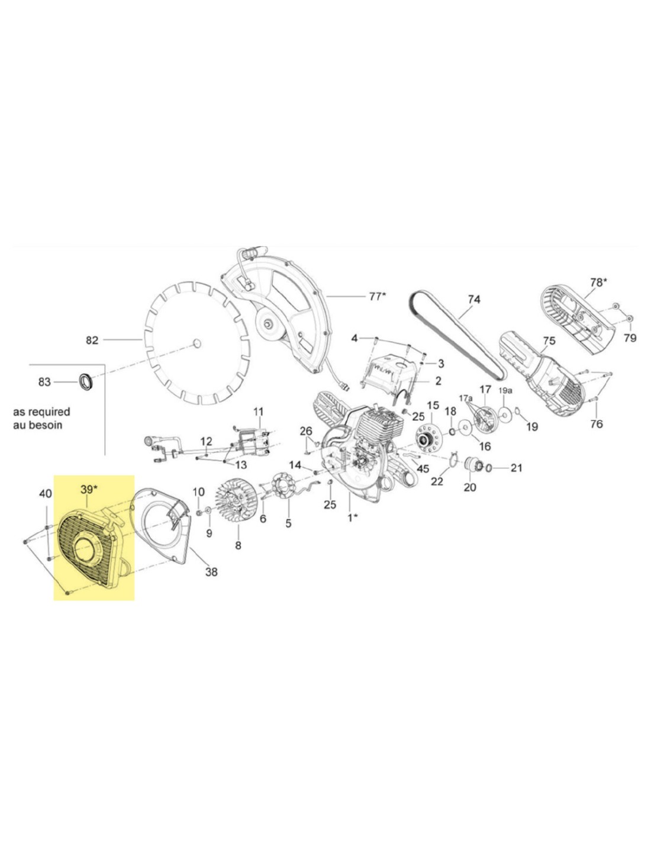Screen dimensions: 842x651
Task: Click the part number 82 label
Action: (x=92, y=340)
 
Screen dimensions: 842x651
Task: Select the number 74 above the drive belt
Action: (x=474, y=300)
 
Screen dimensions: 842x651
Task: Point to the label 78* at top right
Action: (x=598, y=282)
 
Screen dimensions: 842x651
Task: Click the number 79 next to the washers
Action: (x=630, y=338)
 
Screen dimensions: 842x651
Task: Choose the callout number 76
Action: (x=597, y=423)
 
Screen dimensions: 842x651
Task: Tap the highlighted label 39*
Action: (x=89, y=489)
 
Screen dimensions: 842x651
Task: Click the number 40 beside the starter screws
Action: (x=46, y=494)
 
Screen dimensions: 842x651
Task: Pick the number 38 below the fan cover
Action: (x=211, y=571)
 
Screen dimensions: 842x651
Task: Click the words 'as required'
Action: (x=41, y=412)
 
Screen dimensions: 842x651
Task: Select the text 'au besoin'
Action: (x=37, y=425)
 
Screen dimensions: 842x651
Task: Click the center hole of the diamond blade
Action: (x=197, y=342)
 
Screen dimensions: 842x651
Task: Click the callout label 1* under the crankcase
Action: (x=352, y=517)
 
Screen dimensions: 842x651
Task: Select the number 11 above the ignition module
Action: (x=258, y=412)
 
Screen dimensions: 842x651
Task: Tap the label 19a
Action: (x=505, y=391)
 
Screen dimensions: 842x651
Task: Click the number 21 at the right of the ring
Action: (x=517, y=468)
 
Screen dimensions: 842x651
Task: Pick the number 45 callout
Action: (x=423, y=469)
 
